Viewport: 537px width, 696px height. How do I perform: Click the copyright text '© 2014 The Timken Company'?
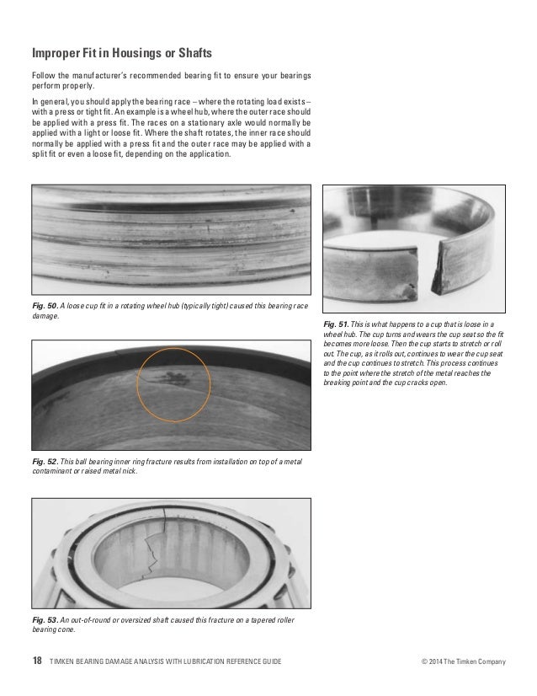click(464, 661)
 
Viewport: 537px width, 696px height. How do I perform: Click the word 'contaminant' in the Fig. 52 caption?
click(51, 472)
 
